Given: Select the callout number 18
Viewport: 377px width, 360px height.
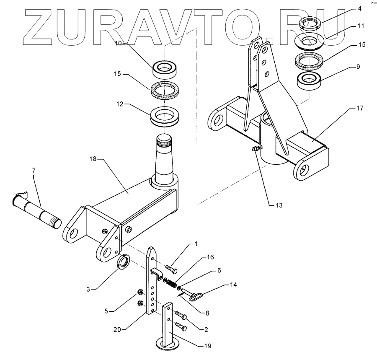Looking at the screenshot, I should pyautogui.click(x=93, y=159).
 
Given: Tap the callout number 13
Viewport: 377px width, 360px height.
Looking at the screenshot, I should pyautogui.click(x=279, y=205).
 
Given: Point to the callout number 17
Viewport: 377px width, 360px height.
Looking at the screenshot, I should pyautogui.click(x=360, y=108).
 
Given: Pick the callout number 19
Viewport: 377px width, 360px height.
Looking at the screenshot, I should pyautogui.click(x=207, y=346).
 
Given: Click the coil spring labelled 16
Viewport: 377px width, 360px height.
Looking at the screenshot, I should pyautogui.click(x=170, y=283).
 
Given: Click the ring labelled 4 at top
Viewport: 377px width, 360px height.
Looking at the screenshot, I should pyautogui.click(x=310, y=24).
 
